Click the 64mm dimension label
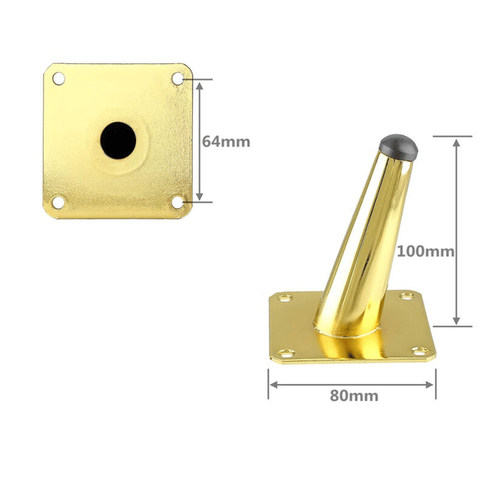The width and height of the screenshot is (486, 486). click(226, 142)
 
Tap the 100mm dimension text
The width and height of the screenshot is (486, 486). click(425, 251)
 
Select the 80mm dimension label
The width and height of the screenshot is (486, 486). click(354, 396)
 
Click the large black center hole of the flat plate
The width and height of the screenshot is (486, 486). click(118, 141)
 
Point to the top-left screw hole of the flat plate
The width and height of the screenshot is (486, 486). click(58, 79)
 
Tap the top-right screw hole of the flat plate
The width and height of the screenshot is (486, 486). click(178, 79)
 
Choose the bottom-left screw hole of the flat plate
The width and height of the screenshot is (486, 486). click(58, 202)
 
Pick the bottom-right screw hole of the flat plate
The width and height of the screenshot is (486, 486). click(177, 202)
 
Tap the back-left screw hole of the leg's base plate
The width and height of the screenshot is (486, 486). click(285, 298)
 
